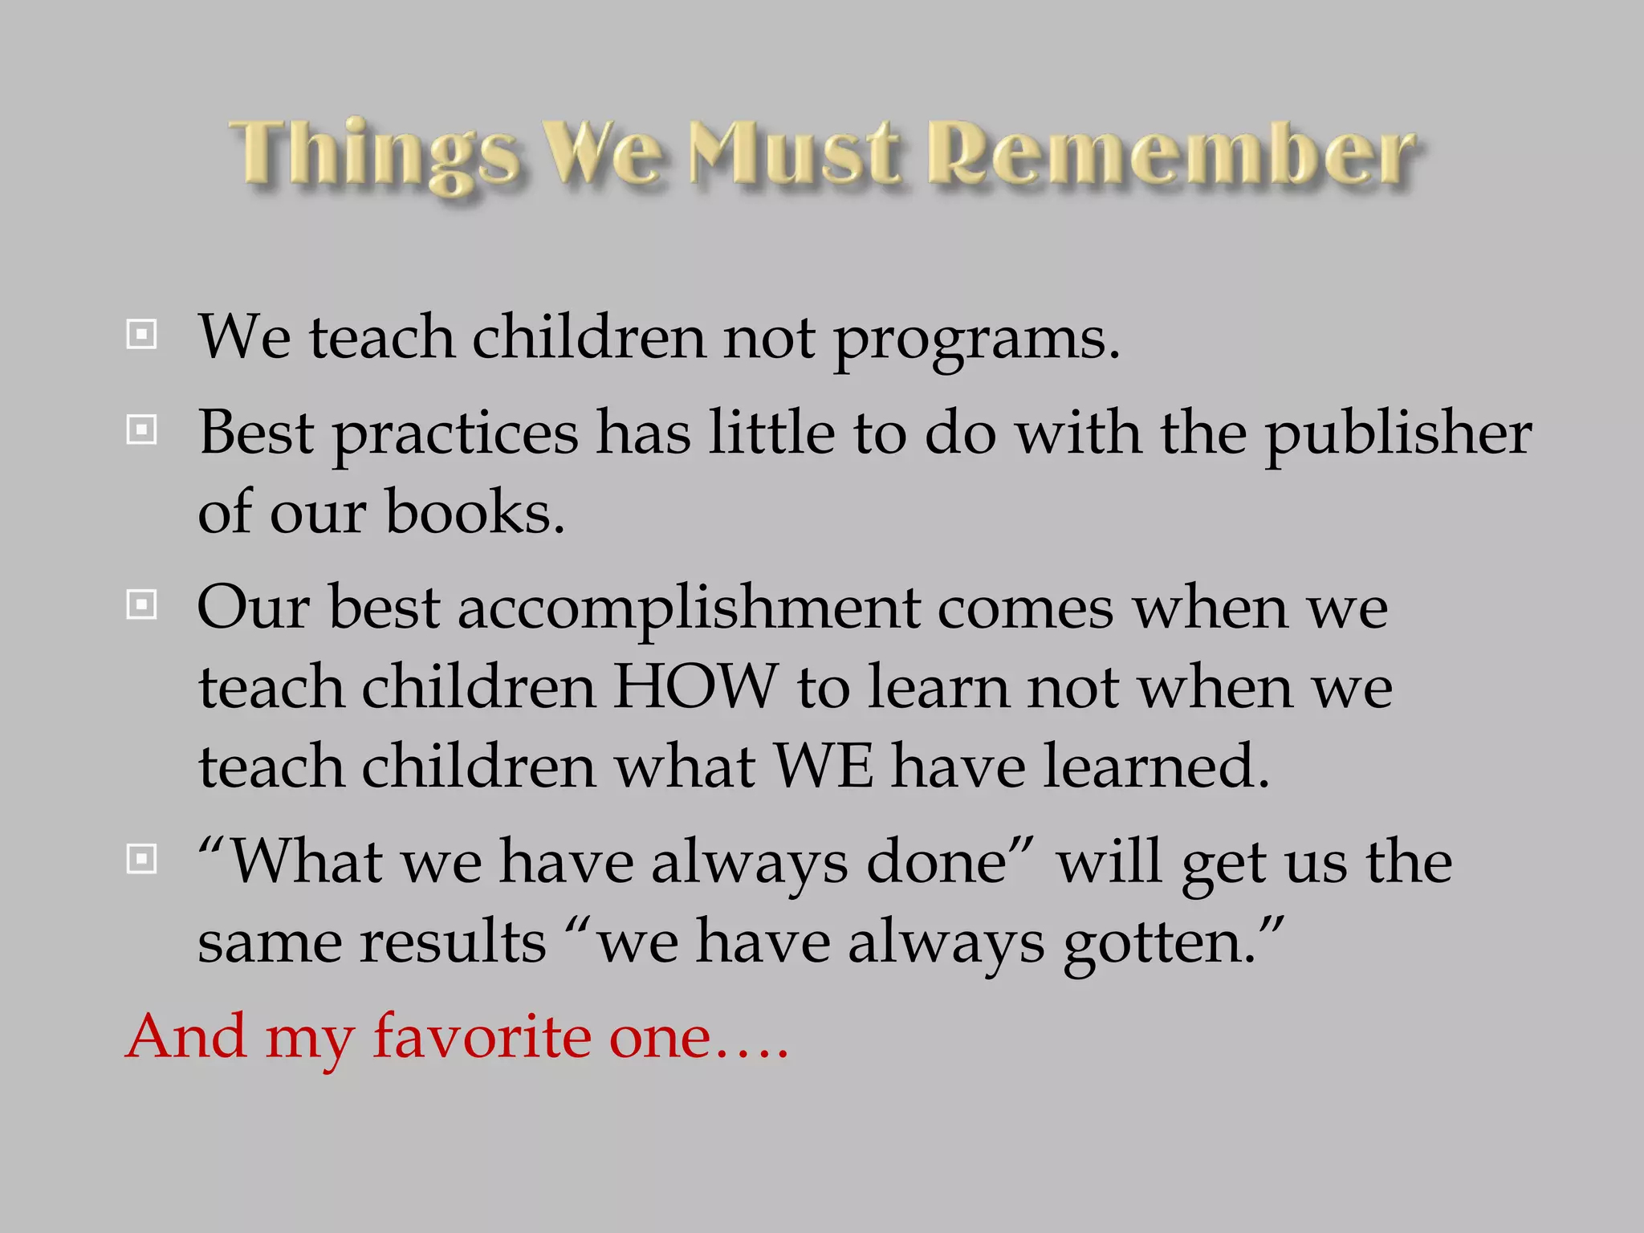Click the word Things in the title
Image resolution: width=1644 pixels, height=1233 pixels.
pos(373,154)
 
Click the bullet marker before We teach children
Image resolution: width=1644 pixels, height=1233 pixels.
pos(142,334)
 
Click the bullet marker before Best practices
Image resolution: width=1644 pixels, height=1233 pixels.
pos(142,430)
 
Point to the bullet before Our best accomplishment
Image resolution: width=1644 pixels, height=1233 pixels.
pos(142,604)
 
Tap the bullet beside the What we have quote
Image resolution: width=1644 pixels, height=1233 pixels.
pos(142,860)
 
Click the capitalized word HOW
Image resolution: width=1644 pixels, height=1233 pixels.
pos(695,687)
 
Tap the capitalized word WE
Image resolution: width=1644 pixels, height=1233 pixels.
pos(823,766)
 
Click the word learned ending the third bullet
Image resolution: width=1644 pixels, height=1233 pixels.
pos(1156,766)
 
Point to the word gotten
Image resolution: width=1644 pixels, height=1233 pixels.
pos(1159,944)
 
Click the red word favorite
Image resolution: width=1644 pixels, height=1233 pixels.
pos(482,1036)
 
